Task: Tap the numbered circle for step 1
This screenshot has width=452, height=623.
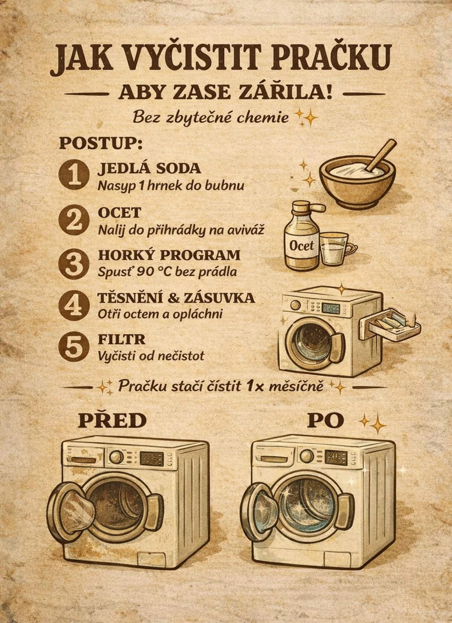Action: [x=74, y=174]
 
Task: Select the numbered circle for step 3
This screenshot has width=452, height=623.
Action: [x=74, y=263]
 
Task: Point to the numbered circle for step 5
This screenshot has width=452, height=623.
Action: [x=74, y=347]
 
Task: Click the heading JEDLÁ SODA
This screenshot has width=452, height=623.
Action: [x=149, y=168]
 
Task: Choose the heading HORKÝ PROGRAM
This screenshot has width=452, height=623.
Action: [x=169, y=255]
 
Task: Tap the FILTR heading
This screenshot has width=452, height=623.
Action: [x=121, y=339]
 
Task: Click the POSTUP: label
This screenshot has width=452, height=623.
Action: [x=101, y=144]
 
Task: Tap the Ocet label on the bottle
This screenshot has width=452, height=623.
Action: [x=302, y=246]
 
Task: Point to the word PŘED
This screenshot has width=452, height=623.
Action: [x=112, y=421]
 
